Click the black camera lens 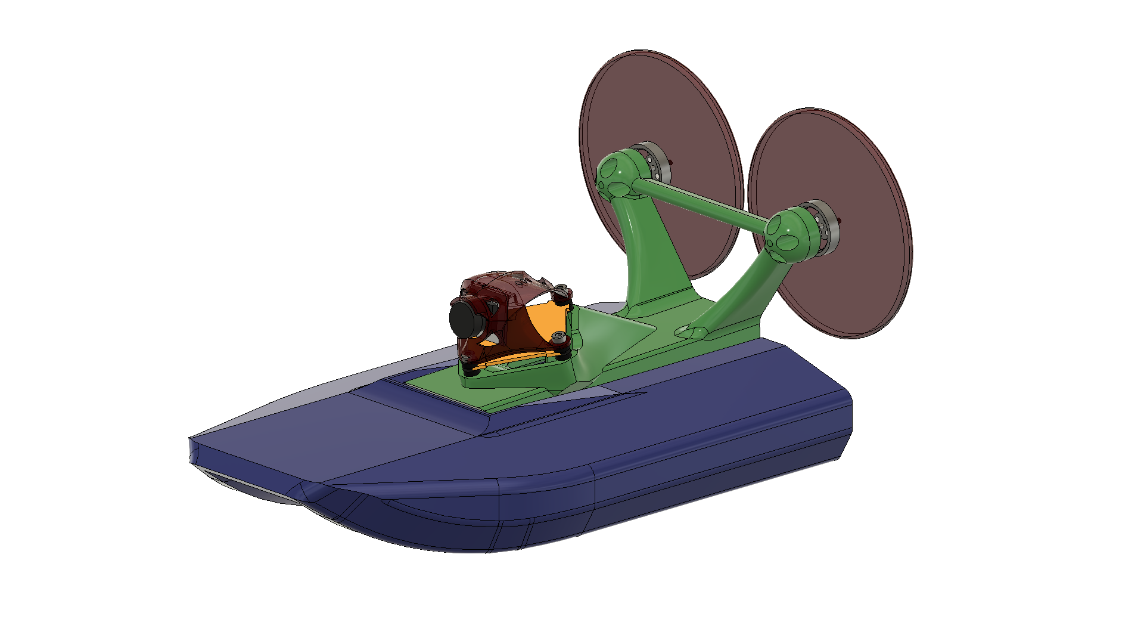coord(464,319)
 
